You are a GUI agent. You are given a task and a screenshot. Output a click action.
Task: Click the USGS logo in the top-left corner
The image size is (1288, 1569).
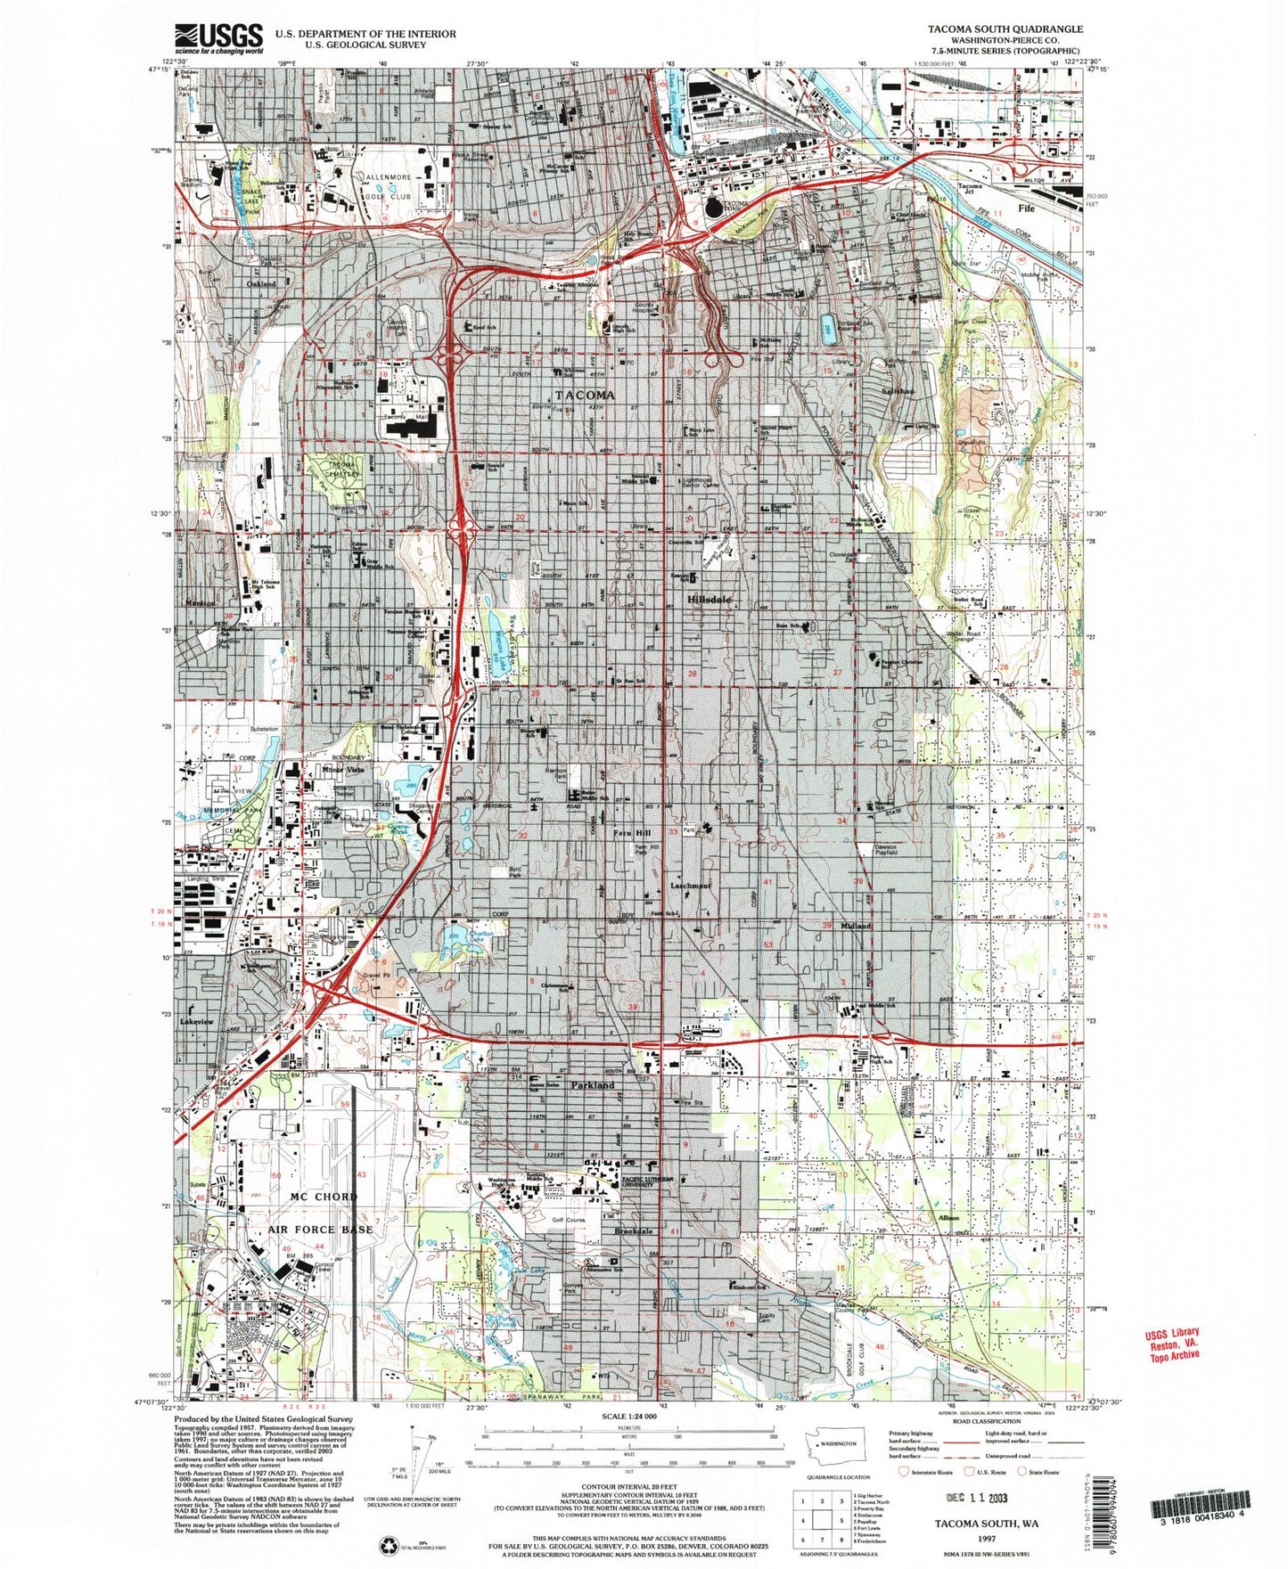(220, 39)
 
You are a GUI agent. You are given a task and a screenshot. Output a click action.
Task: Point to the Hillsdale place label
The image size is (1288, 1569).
(710, 601)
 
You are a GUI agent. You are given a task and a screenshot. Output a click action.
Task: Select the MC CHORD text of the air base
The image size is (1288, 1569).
(324, 1197)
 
